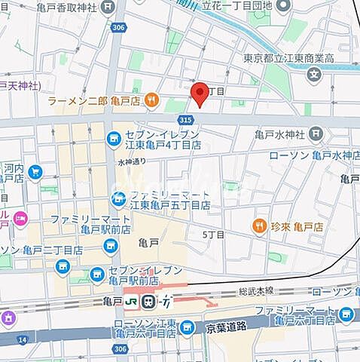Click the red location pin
(x=199, y=94)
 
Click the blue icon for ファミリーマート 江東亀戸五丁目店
(x=118, y=198)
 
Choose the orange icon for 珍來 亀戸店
(x=260, y=225)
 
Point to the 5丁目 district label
(x=213, y=235)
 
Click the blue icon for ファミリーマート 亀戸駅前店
(x=111, y=245)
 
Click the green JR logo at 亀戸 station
(x=131, y=301)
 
